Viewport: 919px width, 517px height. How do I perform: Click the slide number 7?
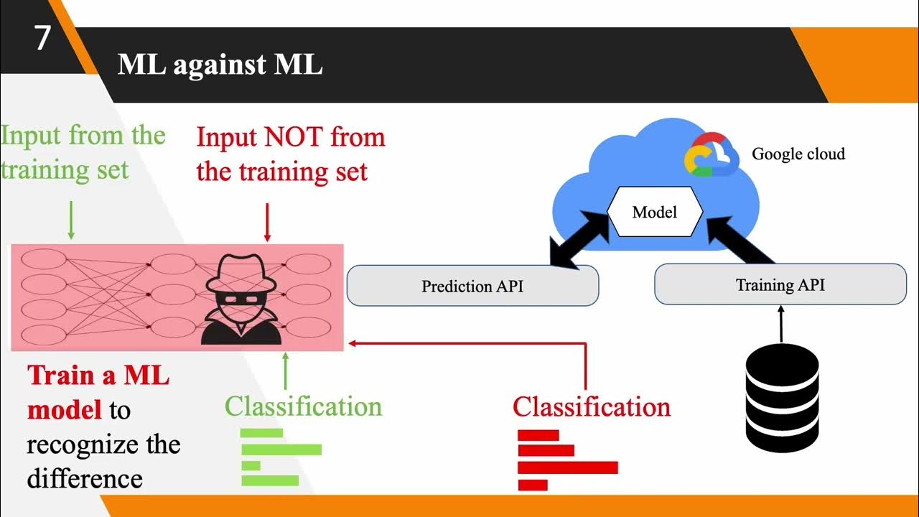pyautogui.click(x=42, y=38)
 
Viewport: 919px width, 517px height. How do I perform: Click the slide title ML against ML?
pyautogui.click(x=220, y=65)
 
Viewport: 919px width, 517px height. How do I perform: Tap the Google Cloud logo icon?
pyautogui.click(x=711, y=154)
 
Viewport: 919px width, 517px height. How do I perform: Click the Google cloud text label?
pyautogui.click(x=798, y=154)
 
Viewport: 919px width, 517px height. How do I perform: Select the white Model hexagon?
pyautogui.click(x=654, y=212)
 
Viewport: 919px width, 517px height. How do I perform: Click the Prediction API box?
pyautogui.click(x=472, y=286)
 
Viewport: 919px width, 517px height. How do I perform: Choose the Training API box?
pyautogui.click(x=780, y=284)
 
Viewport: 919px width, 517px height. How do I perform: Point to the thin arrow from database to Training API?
pyautogui.click(x=781, y=322)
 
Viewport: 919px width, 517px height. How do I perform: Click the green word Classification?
pyautogui.click(x=303, y=406)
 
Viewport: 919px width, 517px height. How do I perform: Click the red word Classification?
pyautogui.click(x=591, y=406)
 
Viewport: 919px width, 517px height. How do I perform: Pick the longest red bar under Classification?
pyautogui.click(x=567, y=468)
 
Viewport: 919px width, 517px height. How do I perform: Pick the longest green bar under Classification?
pyautogui.click(x=281, y=450)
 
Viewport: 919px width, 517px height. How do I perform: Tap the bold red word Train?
pyautogui.click(x=61, y=376)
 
